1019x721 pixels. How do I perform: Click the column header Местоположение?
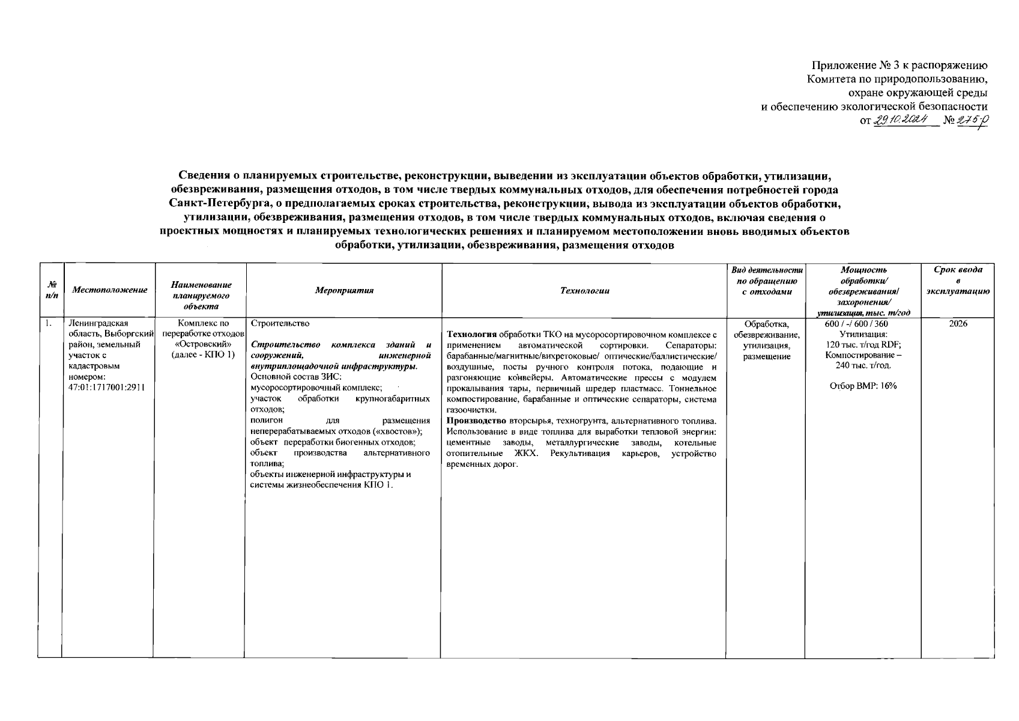pyautogui.click(x=109, y=290)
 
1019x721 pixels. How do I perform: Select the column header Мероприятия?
pyautogui.click(x=344, y=290)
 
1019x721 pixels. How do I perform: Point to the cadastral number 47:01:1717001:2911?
pyautogui.click(x=107, y=387)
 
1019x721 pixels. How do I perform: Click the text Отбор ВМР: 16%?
pyautogui.click(x=863, y=386)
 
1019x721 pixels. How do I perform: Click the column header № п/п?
pyautogui.click(x=51, y=290)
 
